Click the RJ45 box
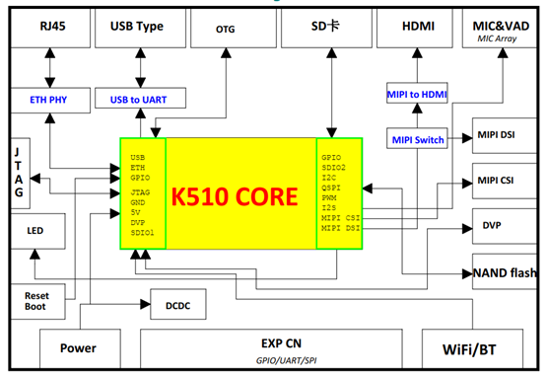(x=46, y=29)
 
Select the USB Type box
(x=139, y=29)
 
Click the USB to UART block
(x=140, y=100)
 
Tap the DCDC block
(x=177, y=305)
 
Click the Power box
(x=78, y=348)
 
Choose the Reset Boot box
(x=35, y=301)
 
